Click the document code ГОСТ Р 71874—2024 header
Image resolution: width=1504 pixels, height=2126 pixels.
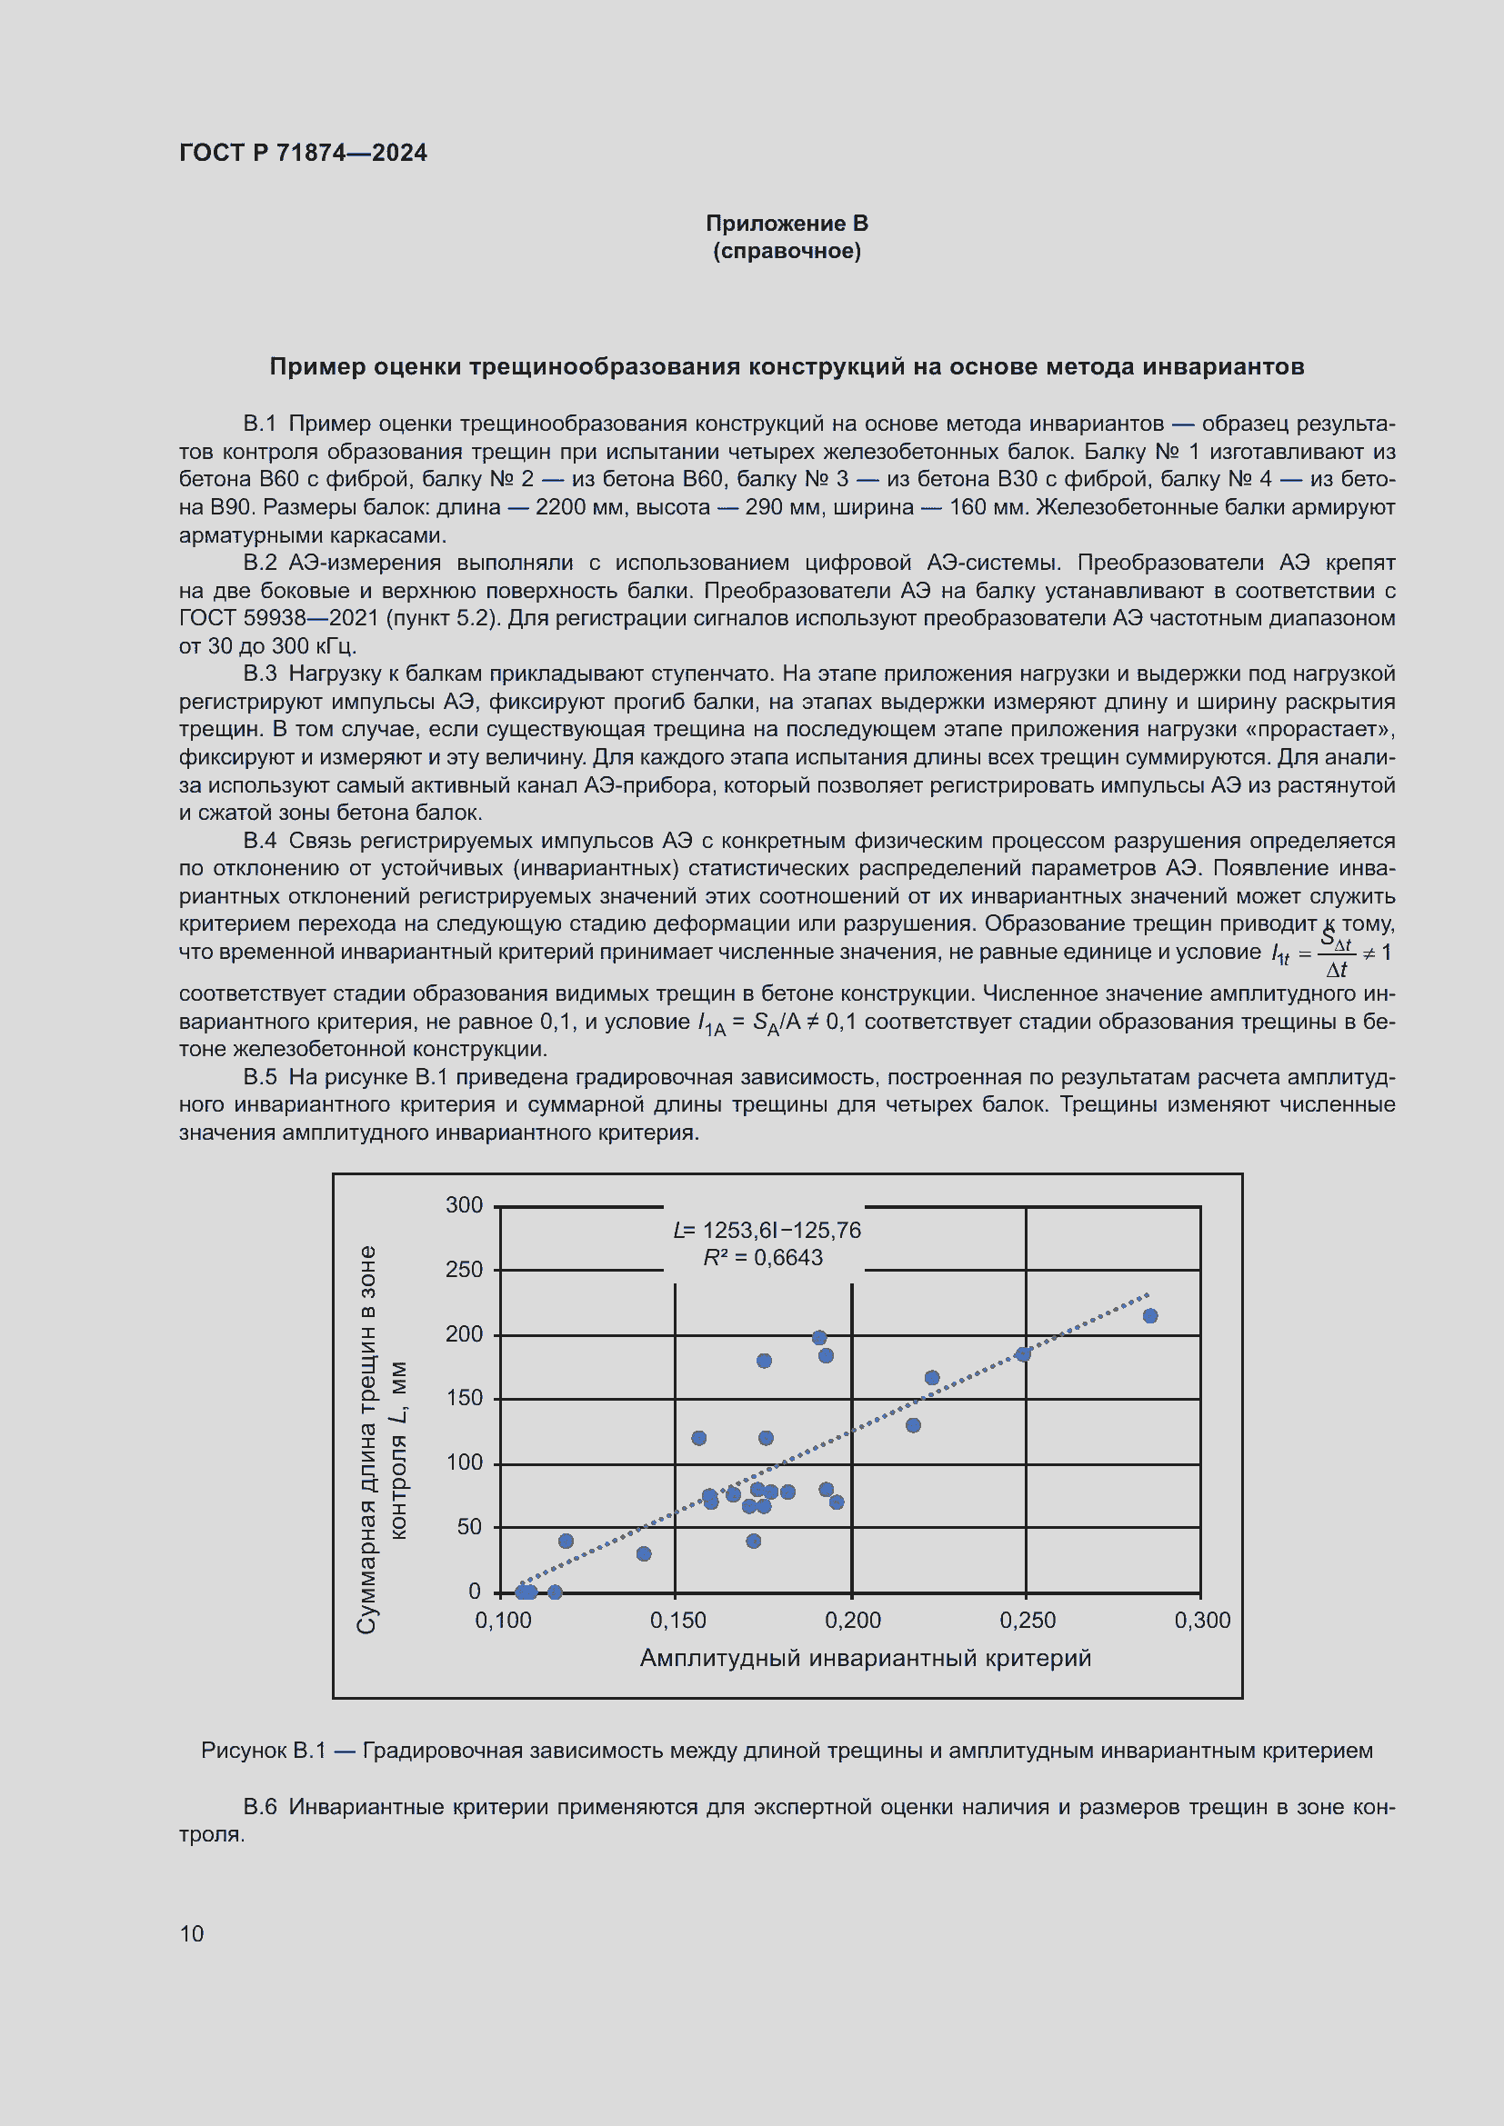click(x=303, y=153)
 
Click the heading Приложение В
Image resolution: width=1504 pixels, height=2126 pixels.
click(x=787, y=224)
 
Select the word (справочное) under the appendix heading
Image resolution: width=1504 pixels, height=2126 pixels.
click(x=787, y=251)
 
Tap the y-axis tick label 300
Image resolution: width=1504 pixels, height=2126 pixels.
click(x=464, y=1204)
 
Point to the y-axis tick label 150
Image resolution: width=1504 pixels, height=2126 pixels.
click(x=464, y=1397)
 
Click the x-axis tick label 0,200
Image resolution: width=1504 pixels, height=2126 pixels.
click(x=852, y=1620)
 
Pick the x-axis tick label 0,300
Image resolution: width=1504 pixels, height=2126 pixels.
click(x=1202, y=1620)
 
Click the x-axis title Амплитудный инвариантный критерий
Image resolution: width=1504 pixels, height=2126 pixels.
click(x=865, y=1658)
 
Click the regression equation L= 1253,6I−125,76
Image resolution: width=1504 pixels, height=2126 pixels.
click(x=766, y=1230)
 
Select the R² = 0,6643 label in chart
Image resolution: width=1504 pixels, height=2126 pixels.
click(x=762, y=1257)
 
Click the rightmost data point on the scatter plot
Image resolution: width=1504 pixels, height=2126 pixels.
click(x=1150, y=1316)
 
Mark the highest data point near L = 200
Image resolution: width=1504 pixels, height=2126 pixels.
click(x=818, y=1337)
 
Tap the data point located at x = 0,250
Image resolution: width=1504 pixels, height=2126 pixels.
click(x=1022, y=1353)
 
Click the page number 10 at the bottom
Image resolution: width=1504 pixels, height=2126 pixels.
click(x=192, y=1933)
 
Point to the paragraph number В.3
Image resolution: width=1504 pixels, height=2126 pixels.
click(x=259, y=674)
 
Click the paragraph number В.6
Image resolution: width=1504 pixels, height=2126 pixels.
click(x=259, y=1807)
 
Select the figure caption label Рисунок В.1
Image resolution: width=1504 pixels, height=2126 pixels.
click(x=263, y=1750)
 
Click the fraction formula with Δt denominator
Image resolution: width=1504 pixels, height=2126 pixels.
click(x=1337, y=953)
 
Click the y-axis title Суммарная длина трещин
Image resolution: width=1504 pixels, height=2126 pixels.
click(x=367, y=1440)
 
